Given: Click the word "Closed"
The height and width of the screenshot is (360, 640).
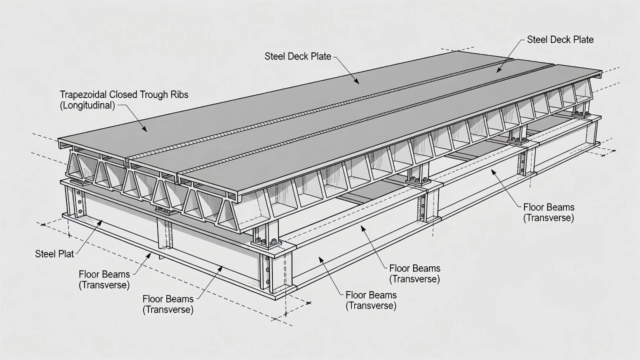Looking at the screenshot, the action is pyautogui.click(x=121, y=94).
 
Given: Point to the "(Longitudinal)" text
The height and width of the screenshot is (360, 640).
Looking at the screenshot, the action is pyautogui.click(x=87, y=105).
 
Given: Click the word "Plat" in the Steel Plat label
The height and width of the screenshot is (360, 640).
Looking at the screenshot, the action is pyautogui.click(x=65, y=253).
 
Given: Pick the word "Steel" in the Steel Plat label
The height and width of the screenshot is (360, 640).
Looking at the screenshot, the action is pyautogui.click(x=44, y=253).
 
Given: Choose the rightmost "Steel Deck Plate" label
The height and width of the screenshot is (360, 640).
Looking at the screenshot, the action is pyautogui.click(x=560, y=39).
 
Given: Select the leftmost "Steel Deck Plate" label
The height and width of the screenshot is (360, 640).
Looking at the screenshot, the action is pyautogui.click(x=297, y=56).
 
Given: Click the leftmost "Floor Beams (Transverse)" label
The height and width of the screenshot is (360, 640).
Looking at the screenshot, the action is pyautogui.click(x=104, y=279).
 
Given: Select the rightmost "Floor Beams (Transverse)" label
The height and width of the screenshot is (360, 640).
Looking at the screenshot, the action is pyautogui.click(x=548, y=212).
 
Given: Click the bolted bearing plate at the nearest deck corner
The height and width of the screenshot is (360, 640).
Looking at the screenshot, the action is pyautogui.click(x=266, y=243).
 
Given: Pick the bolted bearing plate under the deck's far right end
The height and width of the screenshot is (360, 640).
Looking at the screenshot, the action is pyautogui.click(x=581, y=114).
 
